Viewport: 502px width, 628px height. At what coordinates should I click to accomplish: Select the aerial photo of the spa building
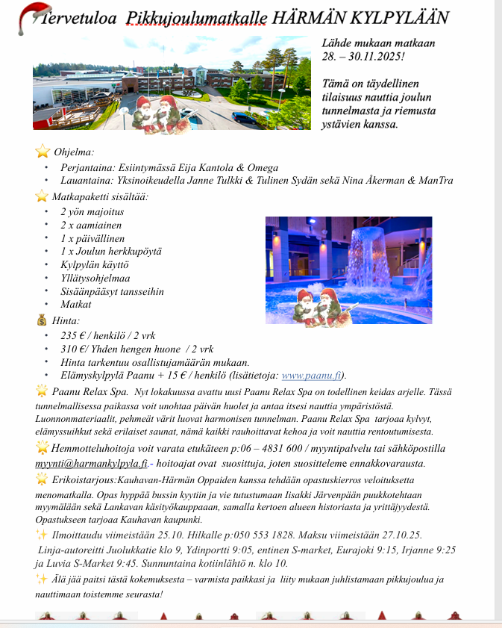(172, 93)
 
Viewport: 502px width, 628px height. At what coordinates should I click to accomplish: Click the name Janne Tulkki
(217, 181)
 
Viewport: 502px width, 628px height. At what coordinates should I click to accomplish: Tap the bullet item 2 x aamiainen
(91, 225)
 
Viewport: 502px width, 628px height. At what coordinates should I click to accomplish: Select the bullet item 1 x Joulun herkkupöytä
(111, 251)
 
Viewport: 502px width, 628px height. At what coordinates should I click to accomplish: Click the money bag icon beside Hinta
(41, 320)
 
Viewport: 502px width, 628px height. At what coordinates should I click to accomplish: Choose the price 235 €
(75, 335)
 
